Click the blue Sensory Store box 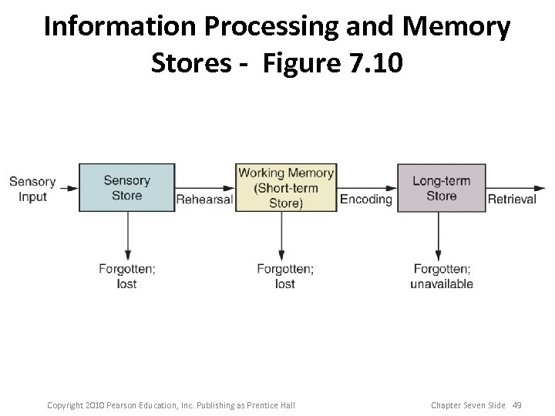[x=126, y=187]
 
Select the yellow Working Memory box [x=286, y=187]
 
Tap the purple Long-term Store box [x=441, y=187]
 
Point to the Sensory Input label [x=32, y=189]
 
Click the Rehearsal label [x=204, y=200]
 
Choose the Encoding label [x=366, y=200]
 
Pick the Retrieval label [x=511, y=200]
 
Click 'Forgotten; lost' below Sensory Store [x=126, y=276]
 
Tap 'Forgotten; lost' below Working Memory [x=284, y=276]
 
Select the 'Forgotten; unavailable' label [x=441, y=276]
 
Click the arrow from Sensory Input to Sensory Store [x=68, y=187]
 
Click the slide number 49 [x=516, y=405]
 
